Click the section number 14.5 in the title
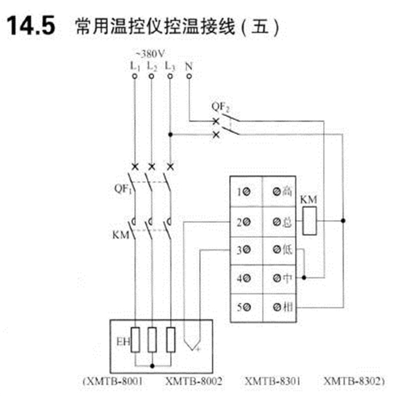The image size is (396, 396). (x=30, y=26)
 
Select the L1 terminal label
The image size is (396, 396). (x=135, y=67)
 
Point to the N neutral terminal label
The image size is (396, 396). (x=189, y=67)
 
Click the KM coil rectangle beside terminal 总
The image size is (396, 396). (x=308, y=220)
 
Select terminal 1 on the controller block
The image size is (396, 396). (x=243, y=192)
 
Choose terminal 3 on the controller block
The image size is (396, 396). (x=243, y=251)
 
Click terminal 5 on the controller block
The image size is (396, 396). (x=243, y=307)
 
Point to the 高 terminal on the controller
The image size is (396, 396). (x=282, y=192)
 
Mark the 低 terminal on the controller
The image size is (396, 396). (x=282, y=251)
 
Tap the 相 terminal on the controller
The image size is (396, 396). (x=282, y=307)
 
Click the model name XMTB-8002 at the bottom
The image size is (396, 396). (x=194, y=380)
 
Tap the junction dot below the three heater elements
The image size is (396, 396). (x=152, y=364)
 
